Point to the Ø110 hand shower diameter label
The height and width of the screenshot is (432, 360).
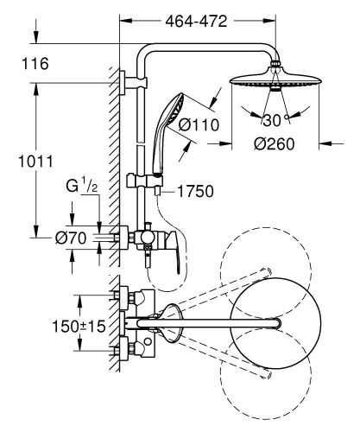coord(199,125)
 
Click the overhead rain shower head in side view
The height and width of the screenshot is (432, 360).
coord(275,80)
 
